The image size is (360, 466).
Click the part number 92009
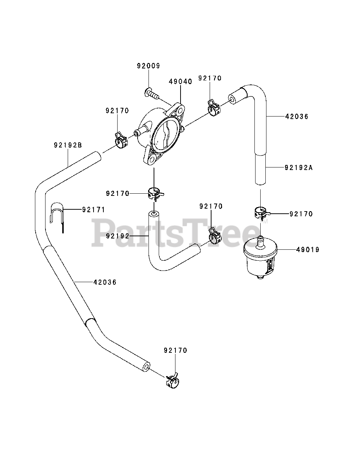[148, 66]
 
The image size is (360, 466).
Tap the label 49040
[180, 82]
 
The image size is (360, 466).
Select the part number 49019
[308, 250]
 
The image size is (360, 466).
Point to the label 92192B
[68, 145]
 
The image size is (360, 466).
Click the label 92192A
[298, 168]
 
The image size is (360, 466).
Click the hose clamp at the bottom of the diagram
[172, 380]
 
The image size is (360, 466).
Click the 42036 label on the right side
[297, 117]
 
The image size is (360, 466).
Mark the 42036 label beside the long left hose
[105, 282]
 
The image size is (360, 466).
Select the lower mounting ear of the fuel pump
[151, 158]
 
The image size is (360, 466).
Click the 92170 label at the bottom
[175, 351]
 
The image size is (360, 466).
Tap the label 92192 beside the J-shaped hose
[118, 236]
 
